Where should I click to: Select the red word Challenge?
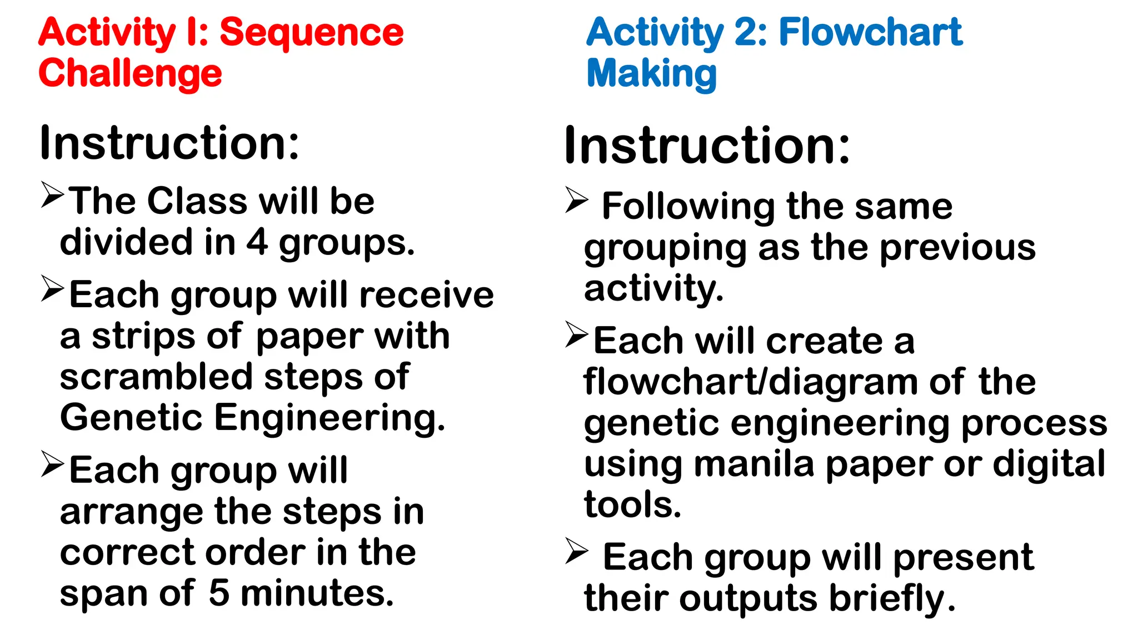130,74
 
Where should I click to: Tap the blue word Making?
651,74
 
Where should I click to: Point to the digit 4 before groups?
257,243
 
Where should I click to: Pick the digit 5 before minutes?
219,593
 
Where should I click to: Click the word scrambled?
156,377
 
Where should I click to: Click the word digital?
1049,464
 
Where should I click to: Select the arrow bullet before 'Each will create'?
577,334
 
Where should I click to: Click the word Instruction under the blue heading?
707,146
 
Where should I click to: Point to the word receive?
426,295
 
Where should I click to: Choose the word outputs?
748,599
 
